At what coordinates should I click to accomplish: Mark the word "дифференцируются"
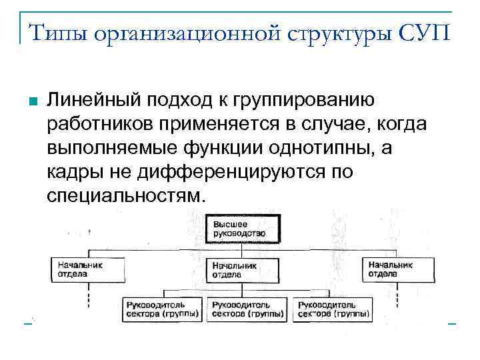point(232,171)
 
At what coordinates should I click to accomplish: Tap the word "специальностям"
point(123,195)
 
